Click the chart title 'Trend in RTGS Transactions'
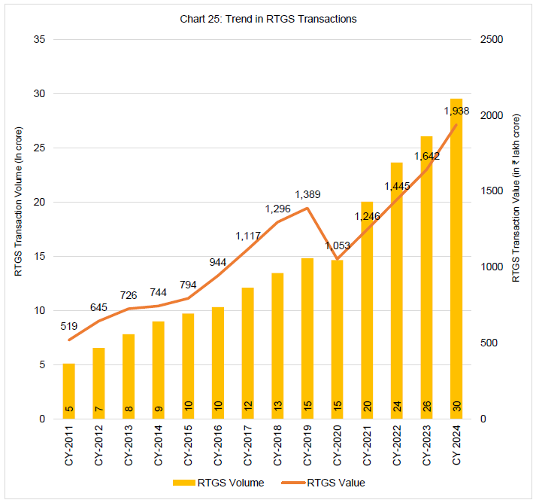[x=268, y=19]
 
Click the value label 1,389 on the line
[x=308, y=194]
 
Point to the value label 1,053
[x=337, y=245]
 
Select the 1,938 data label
[x=456, y=111]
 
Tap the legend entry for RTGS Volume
[x=218, y=483]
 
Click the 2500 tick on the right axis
[x=492, y=39]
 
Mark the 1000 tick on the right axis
[x=492, y=267]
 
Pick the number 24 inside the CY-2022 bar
[x=398, y=407]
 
